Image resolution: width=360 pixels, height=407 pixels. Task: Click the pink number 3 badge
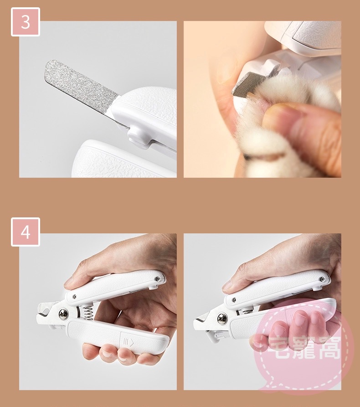[26, 22]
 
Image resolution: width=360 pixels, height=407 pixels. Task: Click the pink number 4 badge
[26, 232]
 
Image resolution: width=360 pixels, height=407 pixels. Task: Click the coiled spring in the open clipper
[87, 313]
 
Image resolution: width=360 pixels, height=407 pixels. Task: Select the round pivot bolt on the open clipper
[64, 314]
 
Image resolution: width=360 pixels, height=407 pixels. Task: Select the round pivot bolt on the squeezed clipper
[222, 319]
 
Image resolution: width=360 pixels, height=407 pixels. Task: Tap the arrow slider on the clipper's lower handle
[128, 341]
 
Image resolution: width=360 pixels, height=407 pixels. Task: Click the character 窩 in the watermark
[329, 348]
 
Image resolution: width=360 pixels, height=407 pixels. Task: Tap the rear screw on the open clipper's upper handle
[157, 279]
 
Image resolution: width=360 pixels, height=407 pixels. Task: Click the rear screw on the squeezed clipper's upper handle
[322, 279]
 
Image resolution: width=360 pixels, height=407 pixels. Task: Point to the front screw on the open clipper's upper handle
[74, 296]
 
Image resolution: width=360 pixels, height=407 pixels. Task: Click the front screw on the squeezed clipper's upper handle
[234, 300]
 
